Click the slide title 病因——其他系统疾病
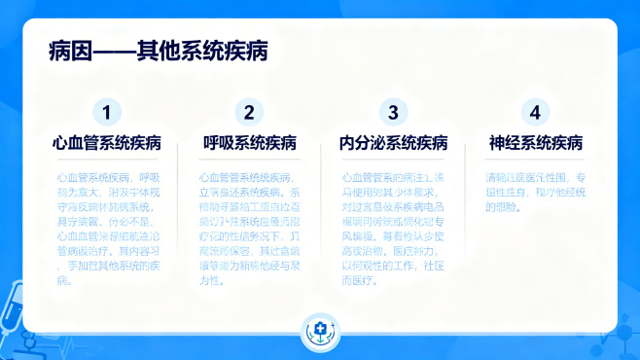158,51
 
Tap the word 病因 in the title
67,51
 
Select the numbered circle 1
107,111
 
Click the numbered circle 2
250,111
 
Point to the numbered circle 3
393,111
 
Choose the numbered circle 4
535,111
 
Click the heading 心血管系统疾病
107,144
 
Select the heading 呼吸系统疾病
250,144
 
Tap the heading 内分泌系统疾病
393,144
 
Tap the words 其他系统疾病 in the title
202,51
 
